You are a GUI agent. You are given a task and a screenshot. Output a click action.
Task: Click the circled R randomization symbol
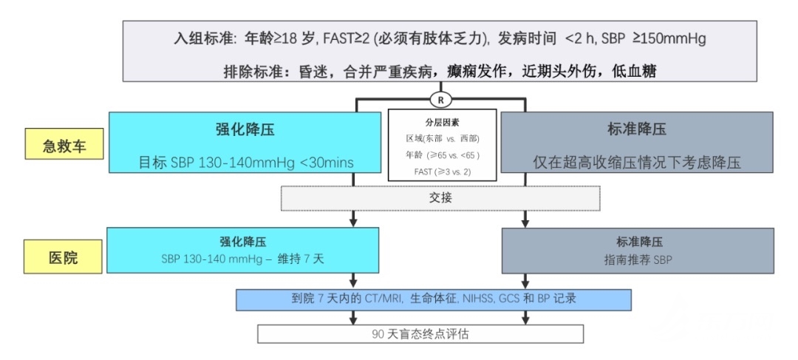click(440, 100)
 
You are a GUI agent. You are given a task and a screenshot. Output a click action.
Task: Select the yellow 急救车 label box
click(64, 143)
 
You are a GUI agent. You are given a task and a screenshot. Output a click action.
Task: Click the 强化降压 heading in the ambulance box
click(245, 129)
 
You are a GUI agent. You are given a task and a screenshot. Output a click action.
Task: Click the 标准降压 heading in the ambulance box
click(636, 129)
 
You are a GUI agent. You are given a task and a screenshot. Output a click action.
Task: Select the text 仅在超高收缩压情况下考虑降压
click(637, 162)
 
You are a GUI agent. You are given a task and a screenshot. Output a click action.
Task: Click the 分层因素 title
click(442, 123)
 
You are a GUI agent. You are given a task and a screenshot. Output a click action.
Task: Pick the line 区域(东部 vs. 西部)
click(443, 138)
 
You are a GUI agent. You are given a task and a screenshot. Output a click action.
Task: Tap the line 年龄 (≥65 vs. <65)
click(443, 154)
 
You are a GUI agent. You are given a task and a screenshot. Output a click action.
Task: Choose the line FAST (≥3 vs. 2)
click(443, 171)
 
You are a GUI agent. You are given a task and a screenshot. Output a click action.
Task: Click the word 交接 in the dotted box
click(440, 198)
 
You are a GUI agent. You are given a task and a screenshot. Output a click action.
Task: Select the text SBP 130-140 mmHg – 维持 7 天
click(243, 259)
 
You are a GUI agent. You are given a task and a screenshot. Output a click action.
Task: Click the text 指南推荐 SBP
click(638, 259)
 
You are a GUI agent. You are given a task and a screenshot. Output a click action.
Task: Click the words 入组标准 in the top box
click(202, 39)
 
